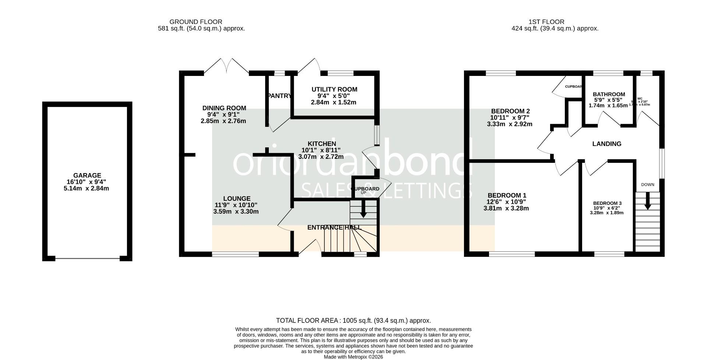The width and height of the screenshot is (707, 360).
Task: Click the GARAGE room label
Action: [87, 176]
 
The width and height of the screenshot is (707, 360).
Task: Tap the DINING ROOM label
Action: [224, 108]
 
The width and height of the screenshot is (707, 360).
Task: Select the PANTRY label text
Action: [280, 96]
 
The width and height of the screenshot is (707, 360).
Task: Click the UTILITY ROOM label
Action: [334, 90]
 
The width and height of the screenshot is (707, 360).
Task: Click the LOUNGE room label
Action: [236, 199]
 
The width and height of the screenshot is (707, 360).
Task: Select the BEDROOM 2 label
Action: [510, 111]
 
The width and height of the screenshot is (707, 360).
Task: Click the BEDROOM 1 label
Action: [507, 195]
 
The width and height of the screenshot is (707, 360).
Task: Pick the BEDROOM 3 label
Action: [607, 203]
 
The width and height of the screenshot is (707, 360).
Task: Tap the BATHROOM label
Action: [609, 94]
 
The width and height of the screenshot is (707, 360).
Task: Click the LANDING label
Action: [606, 144]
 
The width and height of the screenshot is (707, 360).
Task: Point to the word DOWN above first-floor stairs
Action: [647, 185]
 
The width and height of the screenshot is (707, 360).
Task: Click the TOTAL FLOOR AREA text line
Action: [353, 321]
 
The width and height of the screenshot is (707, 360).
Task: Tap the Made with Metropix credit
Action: [353, 357]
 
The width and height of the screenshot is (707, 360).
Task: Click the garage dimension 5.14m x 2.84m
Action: [86, 189]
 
